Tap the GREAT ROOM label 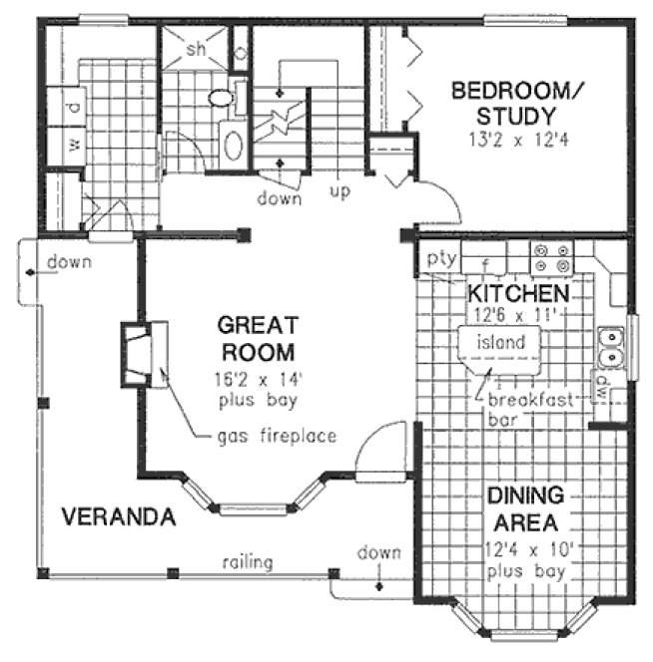pyautogui.click(x=258, y=338)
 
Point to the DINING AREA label pyautogui.click(x=525, y=508)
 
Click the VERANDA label pyautogui.click(x=119, y=517)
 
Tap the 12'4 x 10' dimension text pyautogui.click(x=526, y=548)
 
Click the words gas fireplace pyautogui.click(x=277, y=436)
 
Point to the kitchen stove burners pyautogui.click(x=551, y=259)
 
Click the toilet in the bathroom pyautogui.click(x=221, y=98)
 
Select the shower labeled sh pyautogui.click(x=195, y=49)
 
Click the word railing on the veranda pyautogui.click(x=248, y=562)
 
